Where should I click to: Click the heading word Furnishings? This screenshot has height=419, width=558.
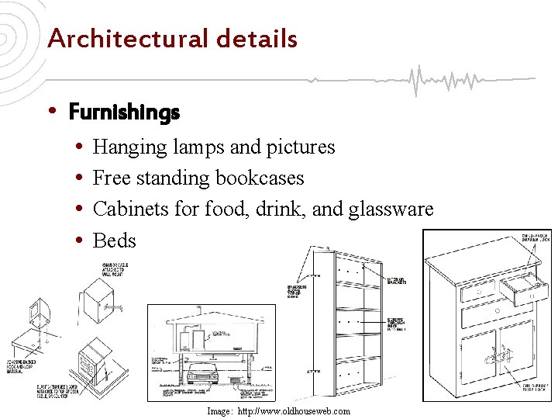pos(124,113)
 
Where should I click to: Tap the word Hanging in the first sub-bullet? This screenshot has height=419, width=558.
pos(128,147)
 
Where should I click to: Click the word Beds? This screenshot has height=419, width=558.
pos(114,241)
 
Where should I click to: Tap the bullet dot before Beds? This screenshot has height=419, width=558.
pos(81,241)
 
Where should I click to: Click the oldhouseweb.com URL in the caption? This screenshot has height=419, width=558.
pos(294,411)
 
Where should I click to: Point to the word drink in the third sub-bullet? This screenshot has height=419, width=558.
pos(291,209)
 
